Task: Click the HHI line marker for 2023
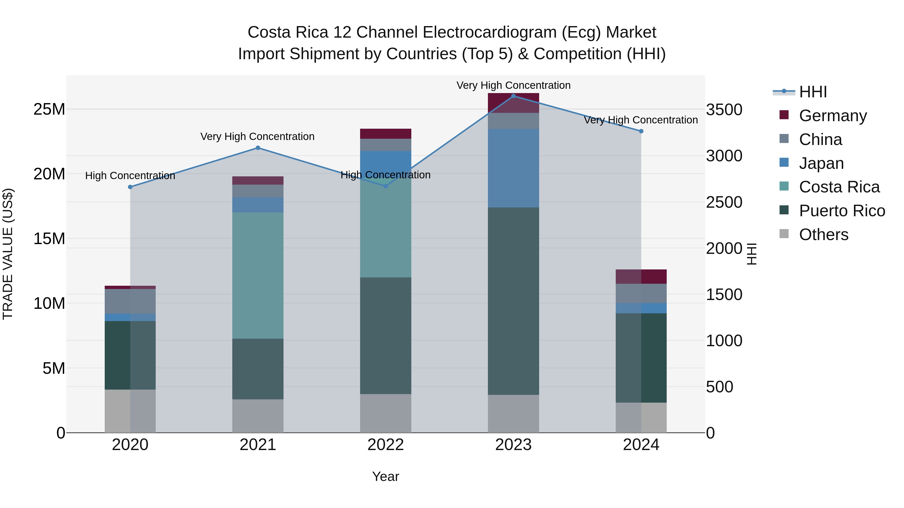[x=514, y=96]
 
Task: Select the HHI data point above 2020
[x=130, y=187]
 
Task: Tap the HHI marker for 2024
[x=641, y=131]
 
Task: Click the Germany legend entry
[x=832, y=116]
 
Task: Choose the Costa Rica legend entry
[x=839, y=187]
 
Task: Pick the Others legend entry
[x=823, y=235]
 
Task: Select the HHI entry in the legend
[x=813, y=92]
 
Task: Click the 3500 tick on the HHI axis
[x=724, y=110]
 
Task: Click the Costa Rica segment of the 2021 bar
[x=258, y=275]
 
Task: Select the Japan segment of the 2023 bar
[x=514, y=168]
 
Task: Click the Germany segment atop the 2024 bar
[x=641, y=277]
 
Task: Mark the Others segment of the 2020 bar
[x=130, y=411]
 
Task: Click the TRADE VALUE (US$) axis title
[x=8, y=254]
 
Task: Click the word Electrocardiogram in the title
[x=490, y=33]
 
